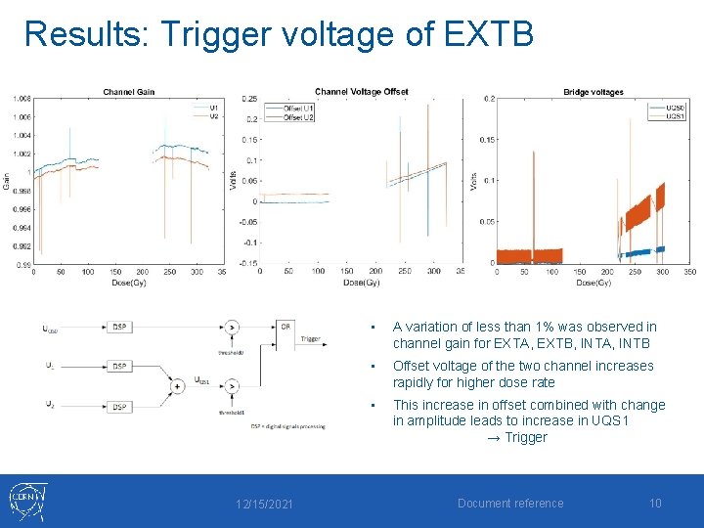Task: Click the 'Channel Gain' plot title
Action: coord(128,93)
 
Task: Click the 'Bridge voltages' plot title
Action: coord(593,93)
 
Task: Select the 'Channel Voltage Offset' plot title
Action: coord(361,92)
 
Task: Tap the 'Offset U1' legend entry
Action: coord(298,108)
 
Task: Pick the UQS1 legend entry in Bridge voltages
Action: coord(675,116)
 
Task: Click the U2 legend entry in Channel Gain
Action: coord(214,115)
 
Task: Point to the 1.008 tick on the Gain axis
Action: coord(22,98)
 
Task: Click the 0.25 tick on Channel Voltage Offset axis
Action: coord(250,99)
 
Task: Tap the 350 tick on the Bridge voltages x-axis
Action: coord(689,271)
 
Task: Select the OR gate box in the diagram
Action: coord(285,327)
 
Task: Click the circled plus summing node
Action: coord(177,386)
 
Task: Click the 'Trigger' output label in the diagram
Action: coord(311,339)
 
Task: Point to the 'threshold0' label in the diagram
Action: coord(231,352)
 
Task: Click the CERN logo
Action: coord(27,502)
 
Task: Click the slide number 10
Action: coord(655,504)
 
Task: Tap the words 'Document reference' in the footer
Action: coord(510,504)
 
